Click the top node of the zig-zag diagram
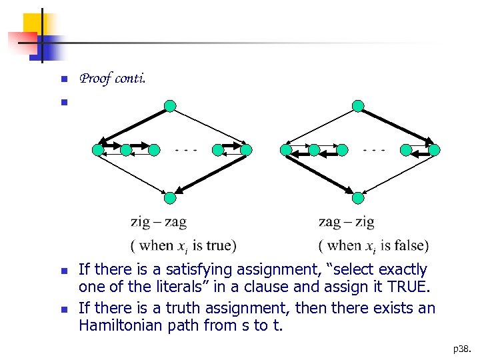point(171,106)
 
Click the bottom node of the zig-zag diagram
point(171,197)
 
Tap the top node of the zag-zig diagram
point(359,106)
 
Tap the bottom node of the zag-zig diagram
point(359,197)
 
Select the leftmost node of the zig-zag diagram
point(99,150)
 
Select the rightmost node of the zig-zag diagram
point(246,150)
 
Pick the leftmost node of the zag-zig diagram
point(287,150)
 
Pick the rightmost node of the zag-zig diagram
point(435,150)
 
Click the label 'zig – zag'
point(159,221)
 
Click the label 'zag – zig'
point(347,221)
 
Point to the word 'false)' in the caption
point(411,245)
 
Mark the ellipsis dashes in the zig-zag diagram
point(186,149)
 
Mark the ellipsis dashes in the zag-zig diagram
point(374,149)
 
